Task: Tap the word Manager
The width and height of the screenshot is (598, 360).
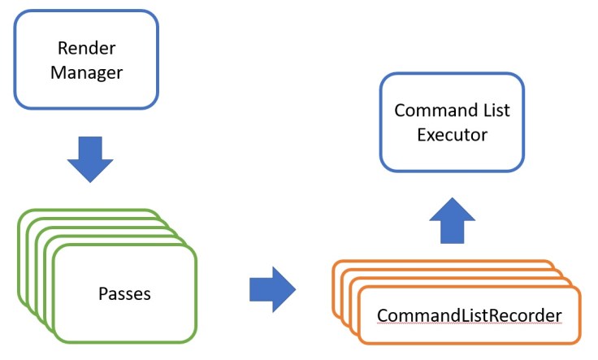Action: pos(86,72)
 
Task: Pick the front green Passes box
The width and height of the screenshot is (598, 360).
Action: pos(124,294)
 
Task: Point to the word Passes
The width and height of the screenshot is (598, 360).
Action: pos(124,293)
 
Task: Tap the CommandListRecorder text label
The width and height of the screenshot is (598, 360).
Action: pos(469,314)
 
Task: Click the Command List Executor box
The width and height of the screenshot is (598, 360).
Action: pos(452,122)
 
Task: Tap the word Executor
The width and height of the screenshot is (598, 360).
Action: pos(452,134)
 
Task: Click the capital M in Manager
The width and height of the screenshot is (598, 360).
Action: pos(57,72)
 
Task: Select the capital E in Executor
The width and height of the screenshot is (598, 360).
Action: pos(422,134)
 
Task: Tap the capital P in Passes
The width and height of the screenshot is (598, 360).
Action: pos(102,293)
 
